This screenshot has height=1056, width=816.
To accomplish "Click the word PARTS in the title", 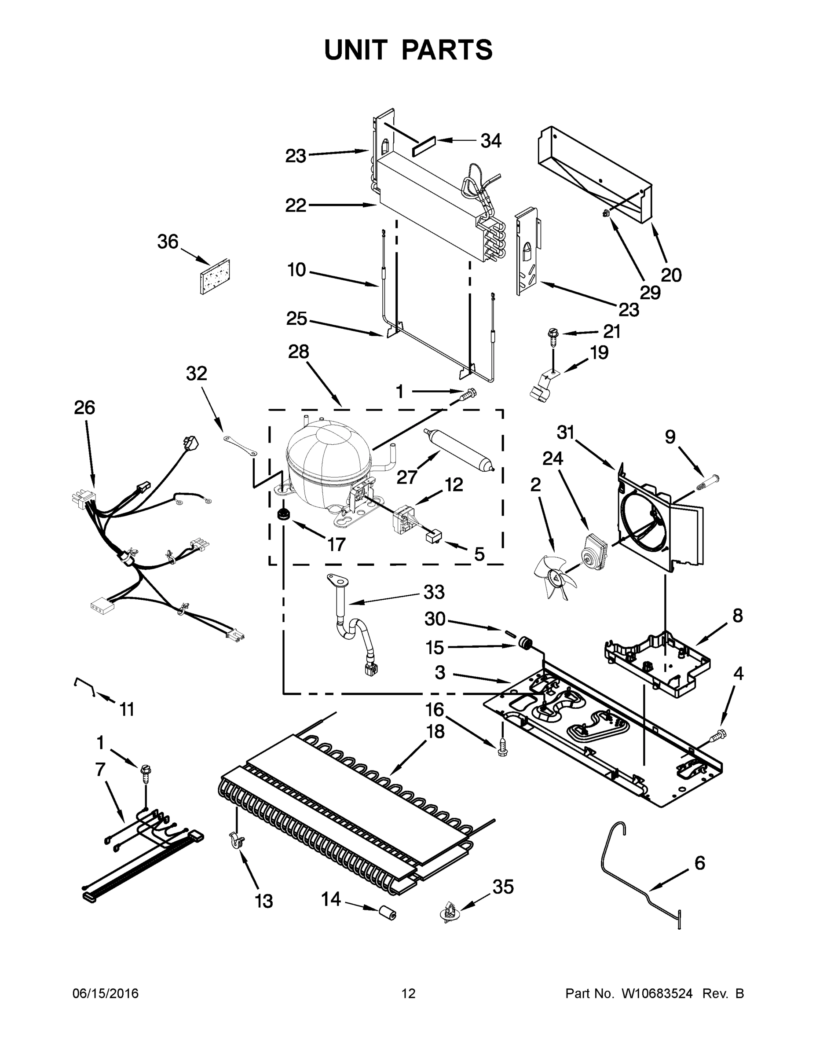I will pyautogui.click(x=447, y=50).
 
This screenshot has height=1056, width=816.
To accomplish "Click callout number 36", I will pyautogui.click(x=168, y=241).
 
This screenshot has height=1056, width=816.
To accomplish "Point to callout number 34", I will pyautogui.click(x=490, y=141).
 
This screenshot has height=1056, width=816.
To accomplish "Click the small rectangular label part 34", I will pyautogui.click(x=424, y=146).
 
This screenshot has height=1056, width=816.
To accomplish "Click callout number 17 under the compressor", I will pyautogui.click(x=336, y=544).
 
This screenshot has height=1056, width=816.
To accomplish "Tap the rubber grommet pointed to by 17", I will pyautogui.click(x=283, y=515).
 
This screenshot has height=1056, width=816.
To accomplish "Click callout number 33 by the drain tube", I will pyautogui.click(x=434, y=592).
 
